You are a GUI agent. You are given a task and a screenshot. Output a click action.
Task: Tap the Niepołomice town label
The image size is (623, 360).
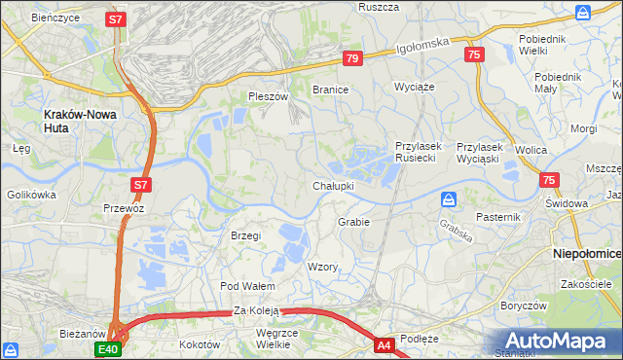click(586, 253)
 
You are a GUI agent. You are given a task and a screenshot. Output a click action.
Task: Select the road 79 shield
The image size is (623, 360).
click(352, 59)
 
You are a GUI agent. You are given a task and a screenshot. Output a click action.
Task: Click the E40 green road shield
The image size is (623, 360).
click(107, 348)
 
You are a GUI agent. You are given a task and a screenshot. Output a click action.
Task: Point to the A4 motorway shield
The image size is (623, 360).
click(385, 343)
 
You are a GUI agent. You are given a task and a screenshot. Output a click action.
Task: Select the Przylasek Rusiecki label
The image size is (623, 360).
click(420, 152)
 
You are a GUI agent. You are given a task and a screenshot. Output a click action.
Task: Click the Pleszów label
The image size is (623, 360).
click(269, 96)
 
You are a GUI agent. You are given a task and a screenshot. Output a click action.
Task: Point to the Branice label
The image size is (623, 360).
click(330, 89)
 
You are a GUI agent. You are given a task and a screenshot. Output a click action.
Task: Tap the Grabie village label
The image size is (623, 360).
click(353, 222)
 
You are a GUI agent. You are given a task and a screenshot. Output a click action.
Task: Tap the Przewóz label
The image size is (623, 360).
click(124, 207)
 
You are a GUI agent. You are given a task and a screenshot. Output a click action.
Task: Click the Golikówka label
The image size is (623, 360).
click(30, 195)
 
